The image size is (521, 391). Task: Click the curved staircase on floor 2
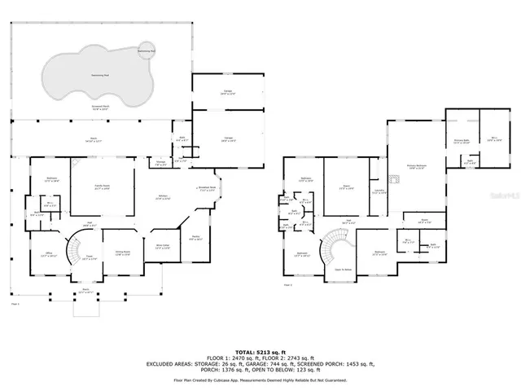[335, 244]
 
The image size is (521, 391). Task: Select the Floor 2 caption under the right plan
[287, 285]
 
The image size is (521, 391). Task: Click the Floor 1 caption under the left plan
[14, 303]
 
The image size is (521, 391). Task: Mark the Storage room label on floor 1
[161, 162]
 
